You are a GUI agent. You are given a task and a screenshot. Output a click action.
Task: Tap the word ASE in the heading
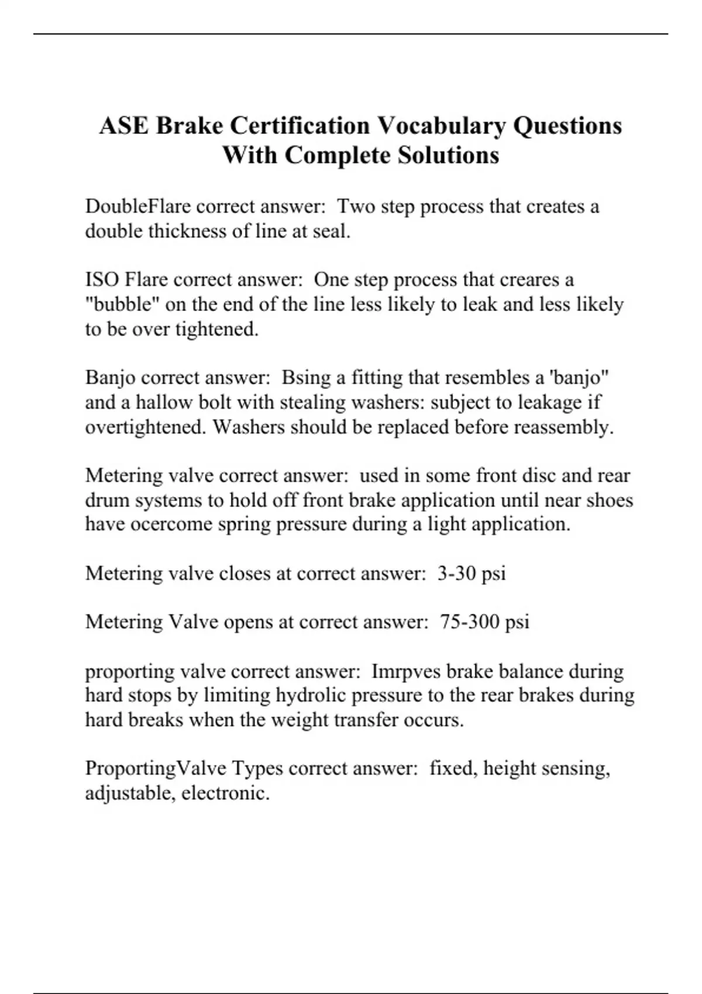[123, 126]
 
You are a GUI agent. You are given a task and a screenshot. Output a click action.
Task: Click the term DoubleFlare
[138, 206]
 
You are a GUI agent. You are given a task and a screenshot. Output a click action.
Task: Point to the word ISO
[102, 279]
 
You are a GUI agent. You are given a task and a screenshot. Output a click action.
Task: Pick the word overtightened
[146, 427]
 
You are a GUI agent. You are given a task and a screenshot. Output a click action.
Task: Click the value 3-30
[456, 574]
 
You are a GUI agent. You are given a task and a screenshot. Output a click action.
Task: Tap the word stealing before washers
[320, 402]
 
